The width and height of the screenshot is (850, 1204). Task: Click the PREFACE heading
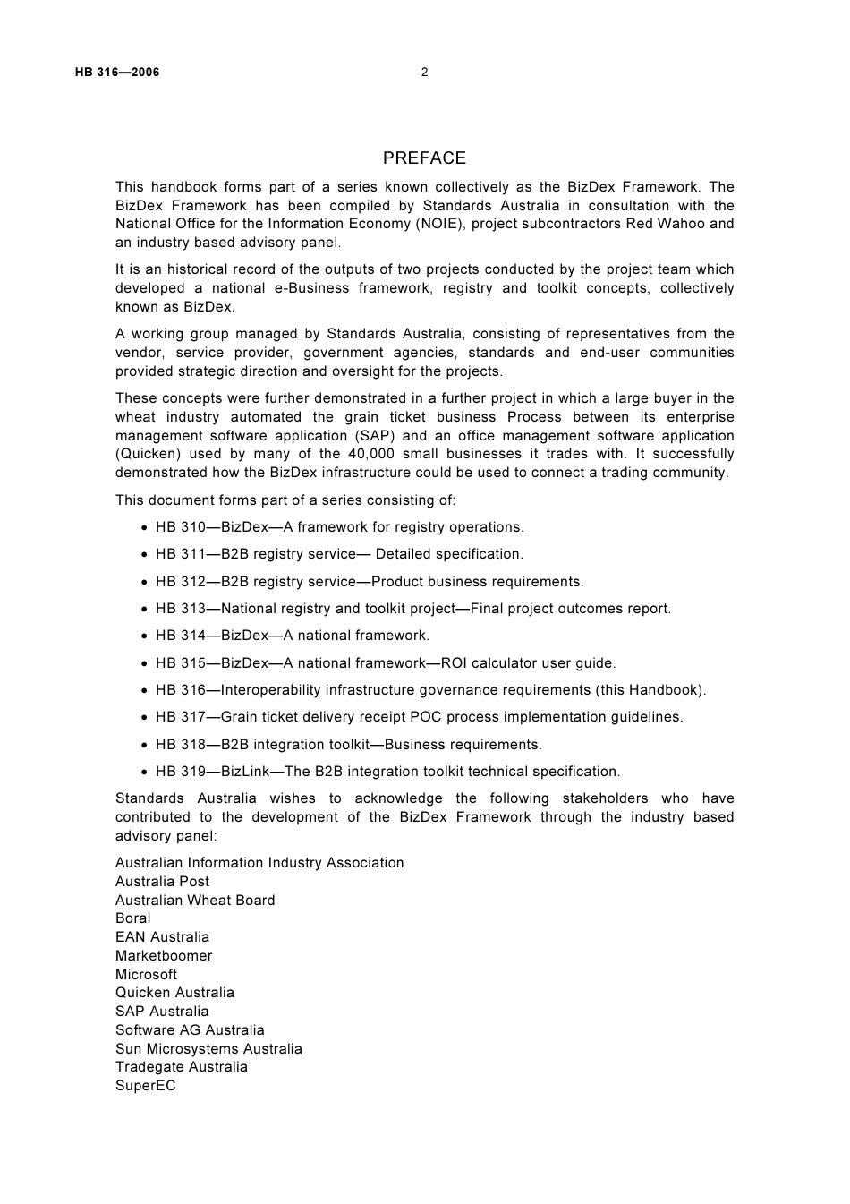(x=424, y=158)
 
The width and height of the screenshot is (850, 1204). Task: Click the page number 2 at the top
(x=424, y=73)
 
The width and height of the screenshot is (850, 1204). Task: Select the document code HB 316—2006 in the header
(x=117, y=73)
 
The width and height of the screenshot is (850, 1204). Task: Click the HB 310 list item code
(x=181, y=527)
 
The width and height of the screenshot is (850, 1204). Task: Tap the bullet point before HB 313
(x=145, y=610)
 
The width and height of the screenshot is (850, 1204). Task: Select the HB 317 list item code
(x=181, y=717)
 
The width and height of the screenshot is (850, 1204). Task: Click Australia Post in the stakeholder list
(x=162, y=882)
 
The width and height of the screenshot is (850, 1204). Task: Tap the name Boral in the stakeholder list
(x=133, y=918)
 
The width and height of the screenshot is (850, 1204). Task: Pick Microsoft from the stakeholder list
(x=146, y=975)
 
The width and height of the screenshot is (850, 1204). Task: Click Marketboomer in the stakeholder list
(x=164, y=956)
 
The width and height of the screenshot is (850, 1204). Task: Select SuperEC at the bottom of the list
(x=146, y=1086)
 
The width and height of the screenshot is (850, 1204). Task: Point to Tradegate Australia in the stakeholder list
(x=182, y=1067)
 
